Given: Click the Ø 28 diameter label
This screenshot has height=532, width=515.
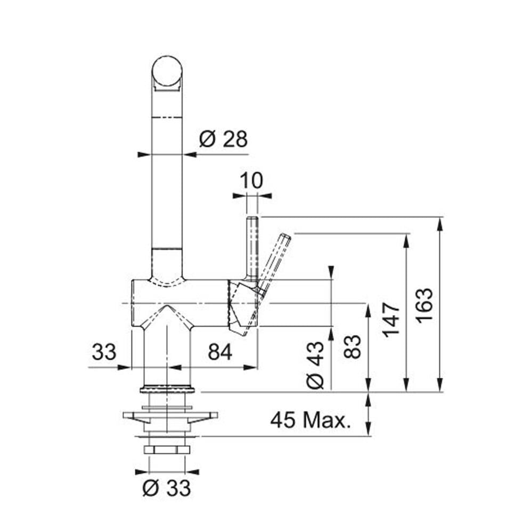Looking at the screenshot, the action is (224, 139).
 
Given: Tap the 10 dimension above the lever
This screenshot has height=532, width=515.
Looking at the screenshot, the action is (251, 180).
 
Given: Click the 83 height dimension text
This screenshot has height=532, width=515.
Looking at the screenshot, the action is (352, 346).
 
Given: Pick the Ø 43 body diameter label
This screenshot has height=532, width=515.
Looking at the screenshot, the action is (315, 365).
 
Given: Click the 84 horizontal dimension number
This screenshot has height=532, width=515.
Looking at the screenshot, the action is (220, 352).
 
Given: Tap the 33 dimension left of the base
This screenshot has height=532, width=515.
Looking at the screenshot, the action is (104, 352).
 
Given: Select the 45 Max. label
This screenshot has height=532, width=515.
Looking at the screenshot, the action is (310, 420).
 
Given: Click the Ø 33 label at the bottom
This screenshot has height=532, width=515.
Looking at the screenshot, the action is (167, 488).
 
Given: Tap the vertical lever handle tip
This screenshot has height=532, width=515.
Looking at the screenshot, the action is (252, 219).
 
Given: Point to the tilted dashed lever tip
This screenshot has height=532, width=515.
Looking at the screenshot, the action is (285, 237).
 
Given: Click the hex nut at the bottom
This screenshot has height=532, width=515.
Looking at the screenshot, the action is (167, 450).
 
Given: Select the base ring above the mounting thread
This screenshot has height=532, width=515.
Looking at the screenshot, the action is (167, 389).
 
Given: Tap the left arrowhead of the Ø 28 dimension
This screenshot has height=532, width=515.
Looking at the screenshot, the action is (144, 154).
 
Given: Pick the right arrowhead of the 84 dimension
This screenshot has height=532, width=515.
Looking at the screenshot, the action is (251, 367).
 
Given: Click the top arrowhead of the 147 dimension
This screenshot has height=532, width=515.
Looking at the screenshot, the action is (406, 240).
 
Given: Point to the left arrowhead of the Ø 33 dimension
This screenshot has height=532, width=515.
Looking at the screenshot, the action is (142, 471).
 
